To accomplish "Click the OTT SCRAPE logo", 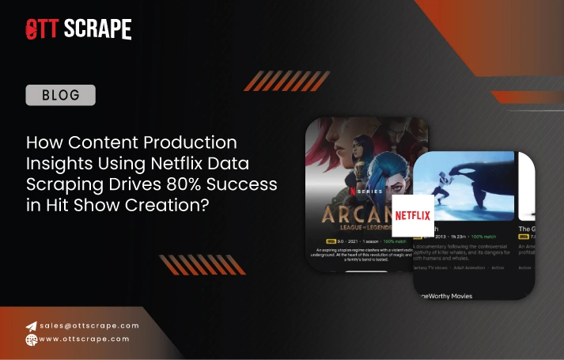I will [x=78, y=29].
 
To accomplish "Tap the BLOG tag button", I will [x=61, y=95].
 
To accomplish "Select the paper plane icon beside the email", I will [x=32, y=326].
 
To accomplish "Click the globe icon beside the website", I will [x=32, y=339].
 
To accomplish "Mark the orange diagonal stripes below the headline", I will [x=191, y=263].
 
